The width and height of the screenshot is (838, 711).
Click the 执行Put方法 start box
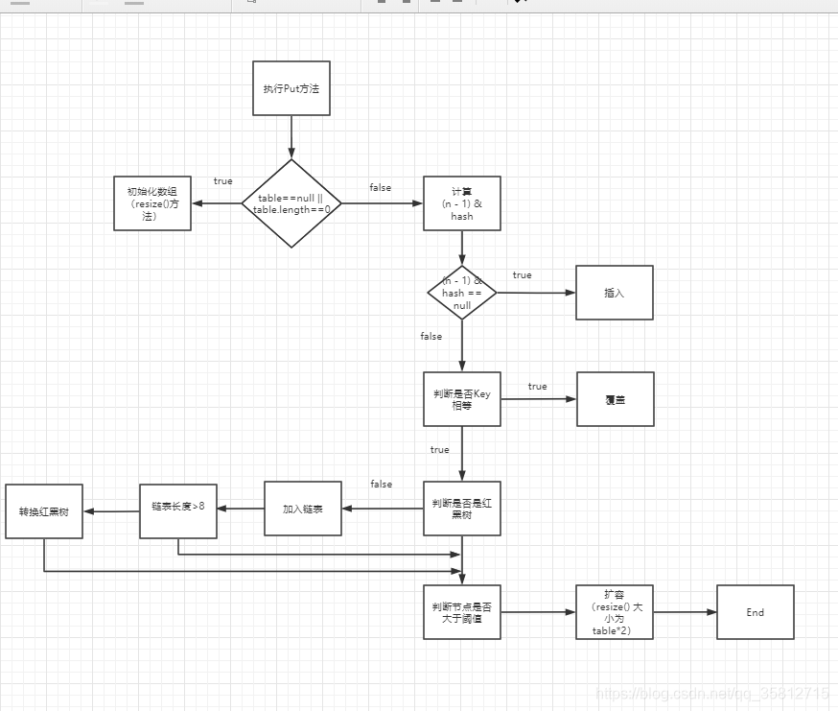coord(291,88)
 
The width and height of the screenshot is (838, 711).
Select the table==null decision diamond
coord(291,203)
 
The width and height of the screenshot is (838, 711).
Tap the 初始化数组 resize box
coord(151,203)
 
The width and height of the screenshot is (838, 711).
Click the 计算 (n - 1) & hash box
coord(461,203)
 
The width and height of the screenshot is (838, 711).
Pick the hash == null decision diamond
coord(461,293)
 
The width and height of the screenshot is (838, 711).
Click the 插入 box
coord(614,293)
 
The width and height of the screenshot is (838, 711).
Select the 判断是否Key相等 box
coord(461,399)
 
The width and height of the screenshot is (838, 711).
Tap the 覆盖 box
coord(615,399)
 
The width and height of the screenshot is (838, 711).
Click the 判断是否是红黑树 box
coord(461,509)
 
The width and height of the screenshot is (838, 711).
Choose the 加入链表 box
coord(302,509)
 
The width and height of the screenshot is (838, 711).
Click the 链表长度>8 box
coord(177,510)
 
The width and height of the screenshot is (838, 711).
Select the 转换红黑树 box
coord(43,511)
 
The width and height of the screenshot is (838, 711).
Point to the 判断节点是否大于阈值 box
coord(461,612)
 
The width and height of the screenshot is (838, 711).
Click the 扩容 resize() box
coord(615,612)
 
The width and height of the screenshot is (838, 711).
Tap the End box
coord(756,612)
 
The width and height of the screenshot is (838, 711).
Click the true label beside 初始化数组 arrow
coord(222,181)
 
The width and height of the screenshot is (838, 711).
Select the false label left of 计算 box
coord(380,188)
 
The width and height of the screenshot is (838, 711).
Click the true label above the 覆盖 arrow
coord(537,387)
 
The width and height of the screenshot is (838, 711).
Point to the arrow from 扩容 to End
coord(685,612)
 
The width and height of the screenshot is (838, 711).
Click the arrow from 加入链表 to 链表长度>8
coord(240,510)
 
